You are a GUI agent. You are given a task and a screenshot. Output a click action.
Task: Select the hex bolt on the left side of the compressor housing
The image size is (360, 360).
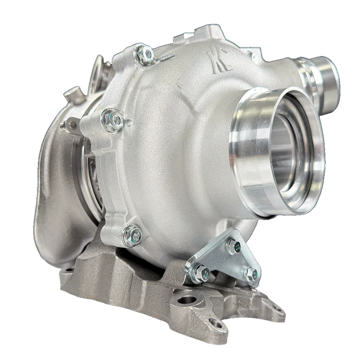tap(112, 119)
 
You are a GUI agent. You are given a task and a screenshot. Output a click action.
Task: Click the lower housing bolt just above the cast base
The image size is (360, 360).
tap(132, 233)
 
